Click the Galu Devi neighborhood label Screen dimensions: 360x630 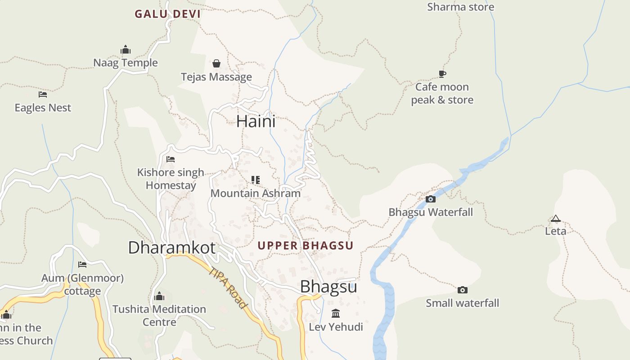167,14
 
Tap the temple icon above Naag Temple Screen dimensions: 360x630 126,49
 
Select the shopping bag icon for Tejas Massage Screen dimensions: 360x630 216,63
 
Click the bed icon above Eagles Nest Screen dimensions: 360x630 43,94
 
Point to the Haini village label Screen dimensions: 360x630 256,121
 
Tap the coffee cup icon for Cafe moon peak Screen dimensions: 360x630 442,74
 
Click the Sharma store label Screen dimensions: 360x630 460,7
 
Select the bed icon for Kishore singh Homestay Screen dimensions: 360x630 171,159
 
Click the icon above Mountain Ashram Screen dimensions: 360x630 256,180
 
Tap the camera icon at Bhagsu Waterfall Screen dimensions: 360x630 431,199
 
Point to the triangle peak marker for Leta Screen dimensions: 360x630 556,219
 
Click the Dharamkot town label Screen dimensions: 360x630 172,247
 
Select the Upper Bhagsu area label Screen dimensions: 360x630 306,246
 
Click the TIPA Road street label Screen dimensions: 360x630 229,288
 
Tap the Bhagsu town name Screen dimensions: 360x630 328,287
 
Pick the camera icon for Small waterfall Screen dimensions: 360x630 463,290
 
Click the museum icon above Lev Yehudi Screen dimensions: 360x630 336,313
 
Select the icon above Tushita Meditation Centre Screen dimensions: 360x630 159,296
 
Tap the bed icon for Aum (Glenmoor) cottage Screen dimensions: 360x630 82,265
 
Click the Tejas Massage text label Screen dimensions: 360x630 216,77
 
